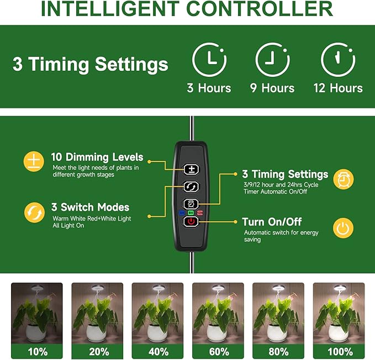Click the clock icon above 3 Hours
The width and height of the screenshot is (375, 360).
[x=209, y=60]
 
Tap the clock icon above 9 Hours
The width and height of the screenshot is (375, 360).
[x=272, y=60]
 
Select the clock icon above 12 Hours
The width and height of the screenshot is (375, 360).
[x=338, y=60]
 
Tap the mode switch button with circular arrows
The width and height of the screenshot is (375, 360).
[x=191, y=186]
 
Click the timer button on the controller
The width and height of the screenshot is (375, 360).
[x=191, y=204]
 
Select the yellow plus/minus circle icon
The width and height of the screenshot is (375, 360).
[x=33, y=161]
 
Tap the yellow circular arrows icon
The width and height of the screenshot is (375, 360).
[x=33, y=212]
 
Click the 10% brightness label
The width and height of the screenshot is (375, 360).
[x=37, y=351]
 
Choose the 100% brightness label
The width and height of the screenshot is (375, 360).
[x=339, y=351]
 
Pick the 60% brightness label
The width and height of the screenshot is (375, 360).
[x=218, y=351]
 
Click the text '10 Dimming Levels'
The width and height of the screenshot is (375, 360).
[x=97, y=157]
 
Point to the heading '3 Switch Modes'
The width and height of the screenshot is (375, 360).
[x=90, y=207]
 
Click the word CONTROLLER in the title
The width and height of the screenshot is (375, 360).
[x=259, y=9]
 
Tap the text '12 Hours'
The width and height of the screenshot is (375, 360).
[x=338, y=88]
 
